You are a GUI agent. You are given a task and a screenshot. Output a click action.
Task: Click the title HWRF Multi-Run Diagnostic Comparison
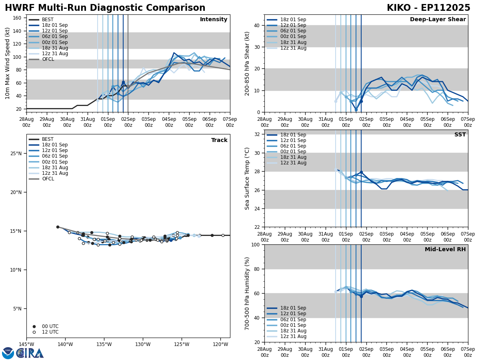tap(105, 8)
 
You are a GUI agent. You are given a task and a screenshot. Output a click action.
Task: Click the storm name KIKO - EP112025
tap(428, 8)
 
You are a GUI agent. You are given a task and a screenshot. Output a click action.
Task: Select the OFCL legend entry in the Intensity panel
tap(48, 59)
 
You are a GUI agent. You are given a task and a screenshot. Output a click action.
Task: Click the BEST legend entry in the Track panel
tap(48, 139)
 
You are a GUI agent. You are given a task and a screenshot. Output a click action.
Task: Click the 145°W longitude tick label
tap(26, 345)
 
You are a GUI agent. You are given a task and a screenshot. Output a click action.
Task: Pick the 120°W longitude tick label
tap(220, 345)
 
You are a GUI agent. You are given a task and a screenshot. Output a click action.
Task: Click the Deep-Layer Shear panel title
tap(438, 20)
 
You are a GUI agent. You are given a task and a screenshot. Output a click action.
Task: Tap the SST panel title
tap(460, 135)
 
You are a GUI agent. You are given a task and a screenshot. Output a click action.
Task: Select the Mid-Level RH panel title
tap(445, 250)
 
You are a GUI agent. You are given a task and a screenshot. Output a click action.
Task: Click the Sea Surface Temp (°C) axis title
tap(248, 178)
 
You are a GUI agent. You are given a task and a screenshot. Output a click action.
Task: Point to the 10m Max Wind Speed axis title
tap(7, 63)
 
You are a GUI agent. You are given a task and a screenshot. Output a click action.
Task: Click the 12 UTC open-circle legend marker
tap(34, 332)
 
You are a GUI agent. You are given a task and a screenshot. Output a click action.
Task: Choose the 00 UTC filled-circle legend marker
tap(34, 326)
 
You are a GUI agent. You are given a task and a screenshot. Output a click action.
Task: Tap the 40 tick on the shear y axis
tap(256, 26)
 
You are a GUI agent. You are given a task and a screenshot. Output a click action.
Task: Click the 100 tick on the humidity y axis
tap(255, 244)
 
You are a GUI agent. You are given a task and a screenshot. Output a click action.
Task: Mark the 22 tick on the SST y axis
tap(256, 227)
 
